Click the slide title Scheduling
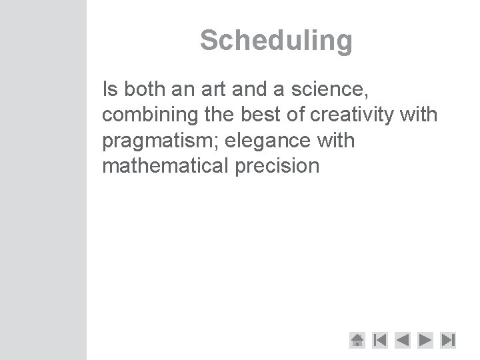point(276,41)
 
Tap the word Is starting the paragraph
point(108,88)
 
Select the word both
point(139,88)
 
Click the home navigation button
point(357,341)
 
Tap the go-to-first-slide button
point(379,341)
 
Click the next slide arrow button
point(425,341)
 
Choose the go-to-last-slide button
point(448,341)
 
